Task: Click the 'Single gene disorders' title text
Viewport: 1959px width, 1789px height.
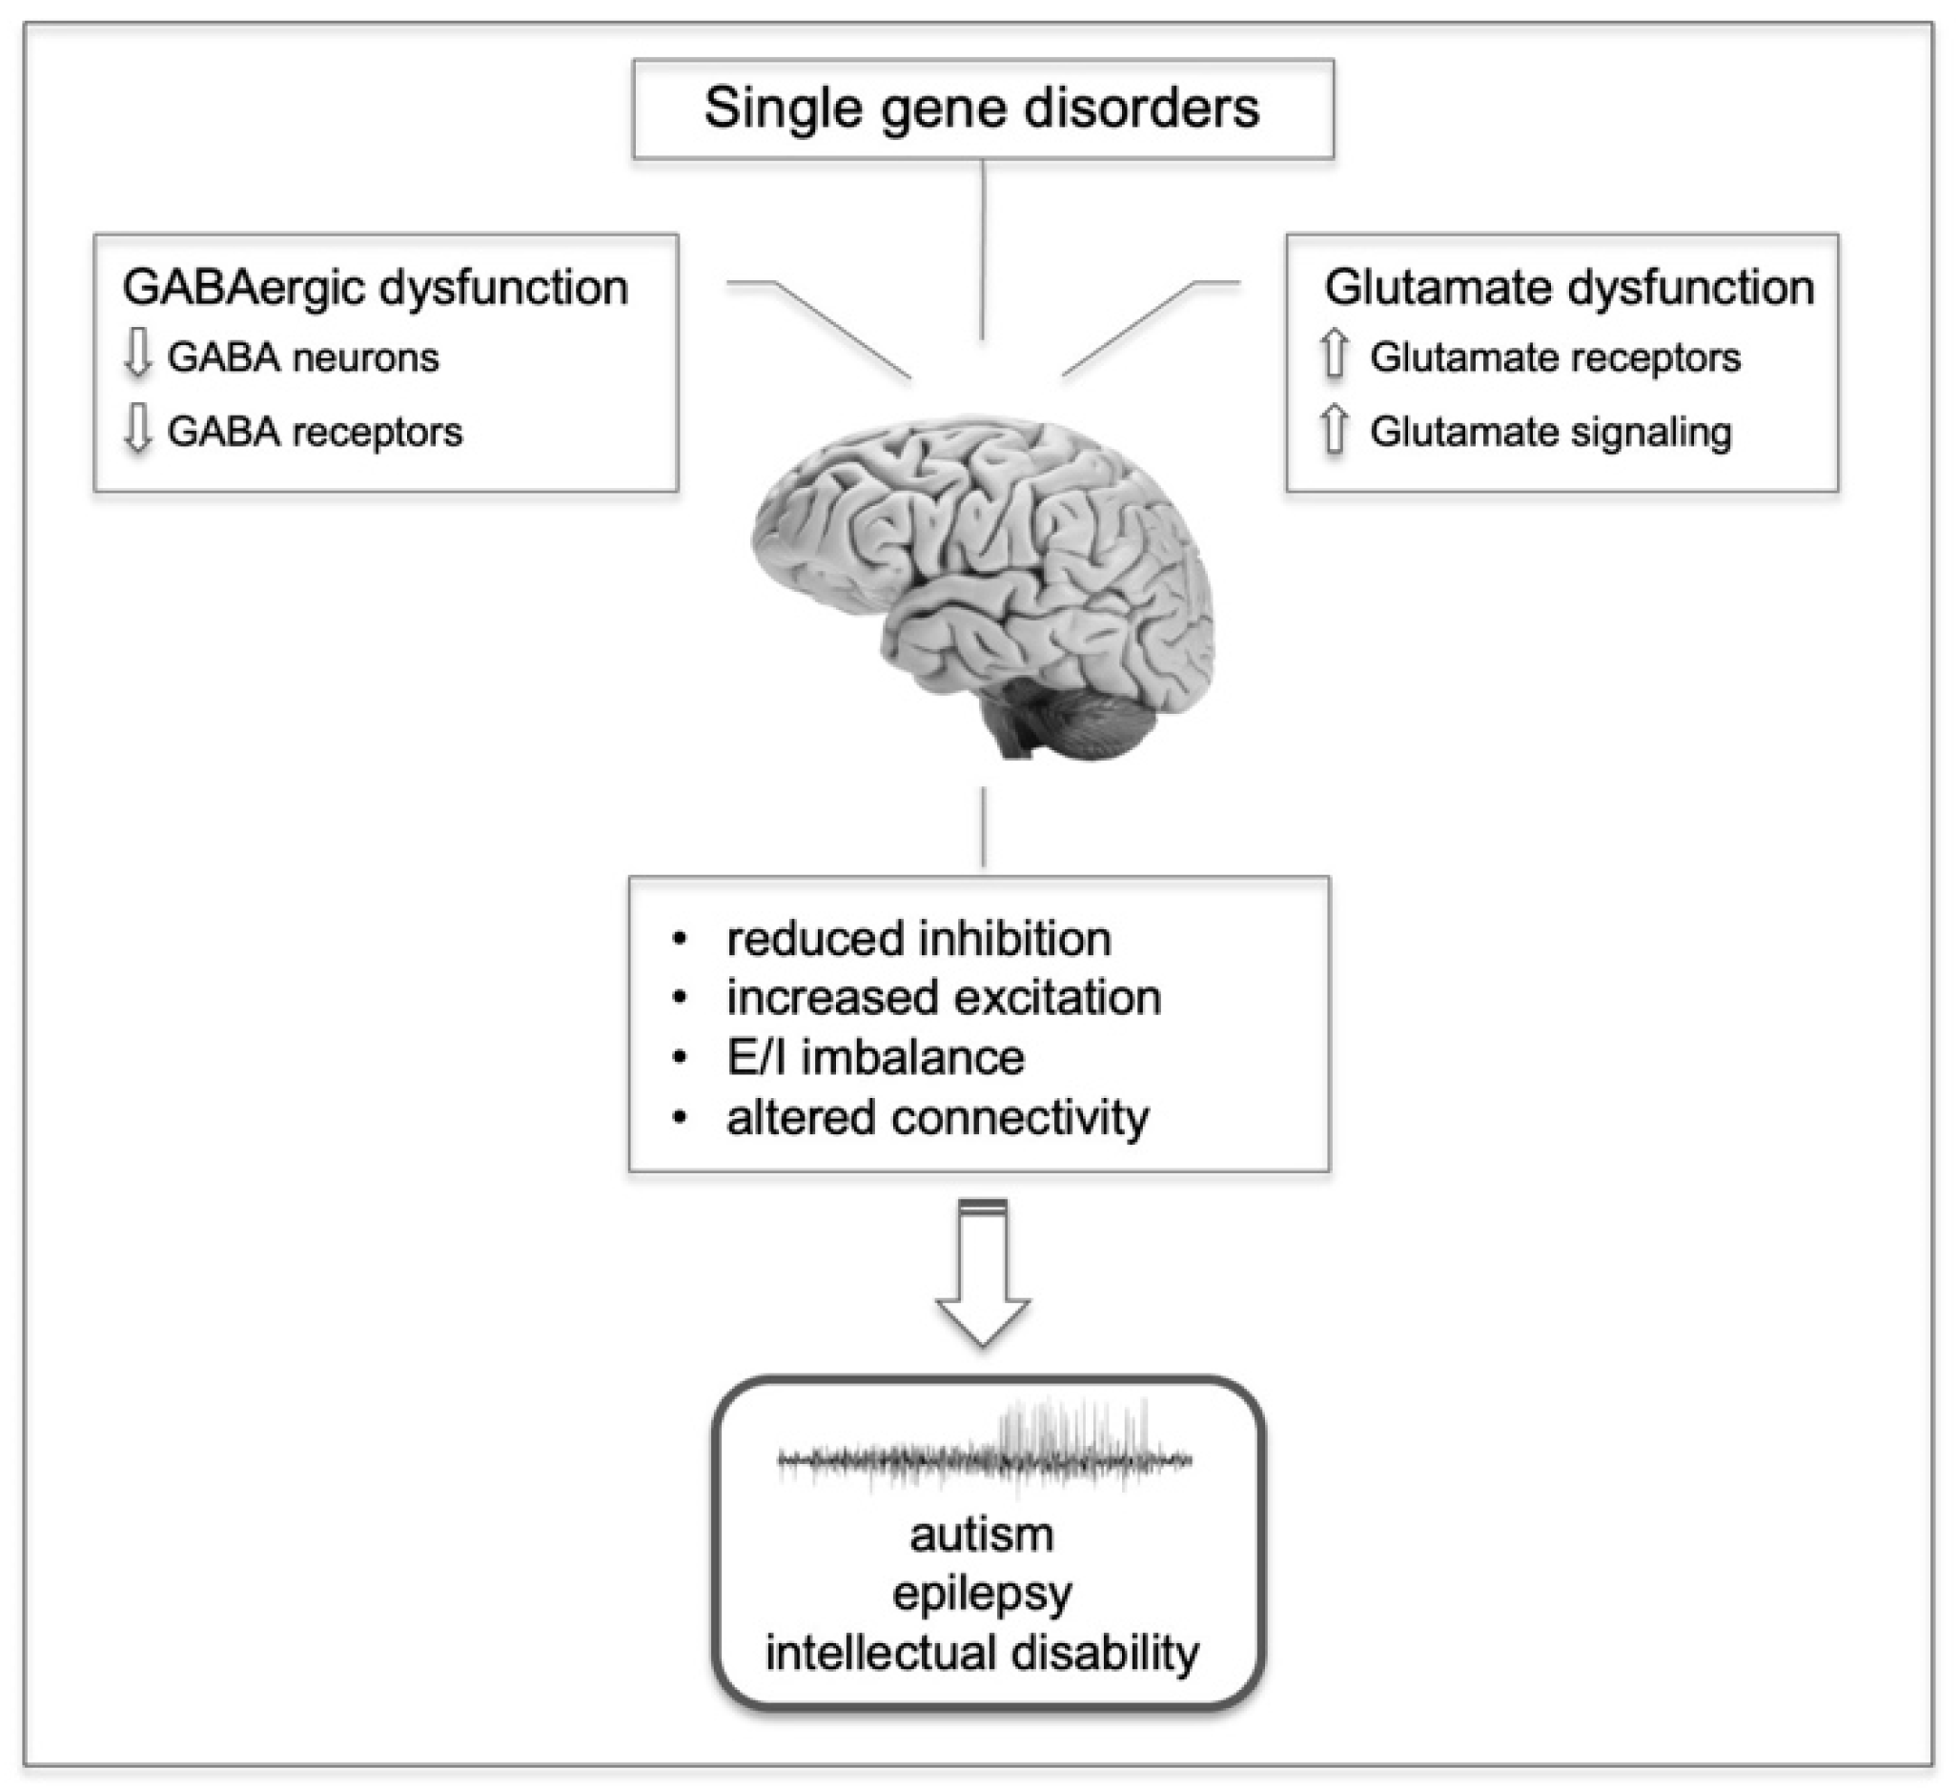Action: coord(982,108)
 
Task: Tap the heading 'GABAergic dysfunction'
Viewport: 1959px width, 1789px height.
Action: coord(375,288)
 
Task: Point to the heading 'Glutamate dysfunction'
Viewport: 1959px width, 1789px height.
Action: coord(1568,288)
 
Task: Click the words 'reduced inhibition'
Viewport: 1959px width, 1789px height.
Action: coord(918,939)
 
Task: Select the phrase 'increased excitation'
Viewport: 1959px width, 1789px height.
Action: coord(943,998)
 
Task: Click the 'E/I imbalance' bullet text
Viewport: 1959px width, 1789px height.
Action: coord(874,1057)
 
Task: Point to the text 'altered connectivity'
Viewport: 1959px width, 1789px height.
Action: coord(937,1117)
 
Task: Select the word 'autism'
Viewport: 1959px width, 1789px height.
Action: coord(982,1535)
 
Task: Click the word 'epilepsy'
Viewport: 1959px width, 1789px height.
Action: coord(982,1594)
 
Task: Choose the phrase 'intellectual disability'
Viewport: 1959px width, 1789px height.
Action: coord(982,1653)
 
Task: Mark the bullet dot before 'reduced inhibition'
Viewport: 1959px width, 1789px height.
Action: coord(680,940)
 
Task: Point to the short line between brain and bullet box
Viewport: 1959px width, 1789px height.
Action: coord(983,827)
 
